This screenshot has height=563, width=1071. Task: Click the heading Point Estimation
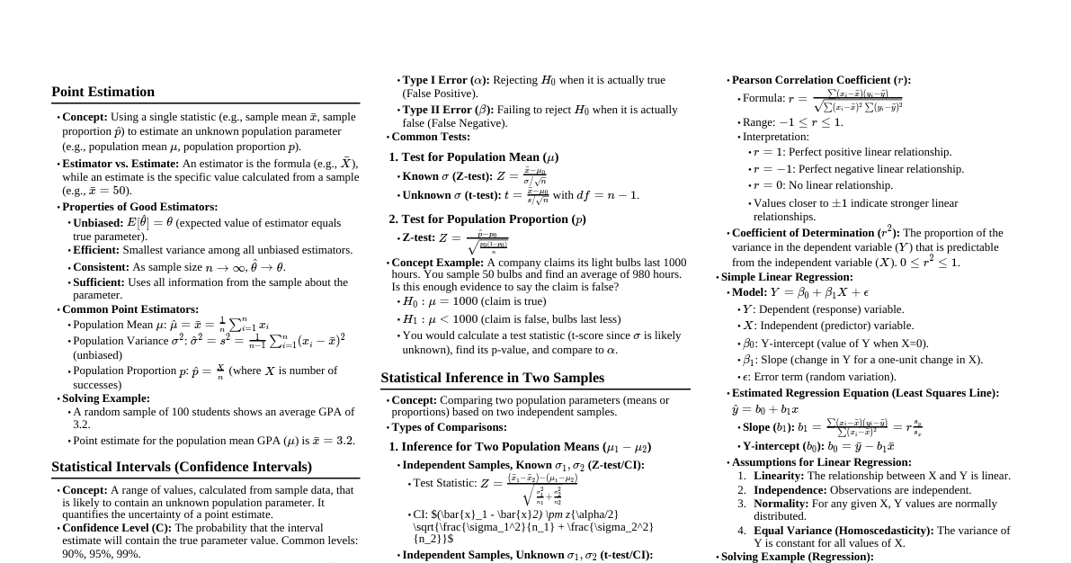pos(103,92)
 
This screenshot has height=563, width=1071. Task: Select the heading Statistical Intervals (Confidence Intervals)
pos(182,467)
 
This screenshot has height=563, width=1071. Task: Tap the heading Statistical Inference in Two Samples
pos(492,378)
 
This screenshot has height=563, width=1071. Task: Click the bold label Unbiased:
pos(98,223)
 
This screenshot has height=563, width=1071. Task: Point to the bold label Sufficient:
pos(99,282)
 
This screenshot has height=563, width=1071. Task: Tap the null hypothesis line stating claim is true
pos(474,302)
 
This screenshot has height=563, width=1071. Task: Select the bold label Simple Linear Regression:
pos(787,277)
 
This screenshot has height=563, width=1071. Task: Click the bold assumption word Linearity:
pos(779,476)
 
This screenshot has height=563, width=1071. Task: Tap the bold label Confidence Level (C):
pos(117,528)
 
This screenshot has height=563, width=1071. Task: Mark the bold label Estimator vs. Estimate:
pos(120,164)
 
